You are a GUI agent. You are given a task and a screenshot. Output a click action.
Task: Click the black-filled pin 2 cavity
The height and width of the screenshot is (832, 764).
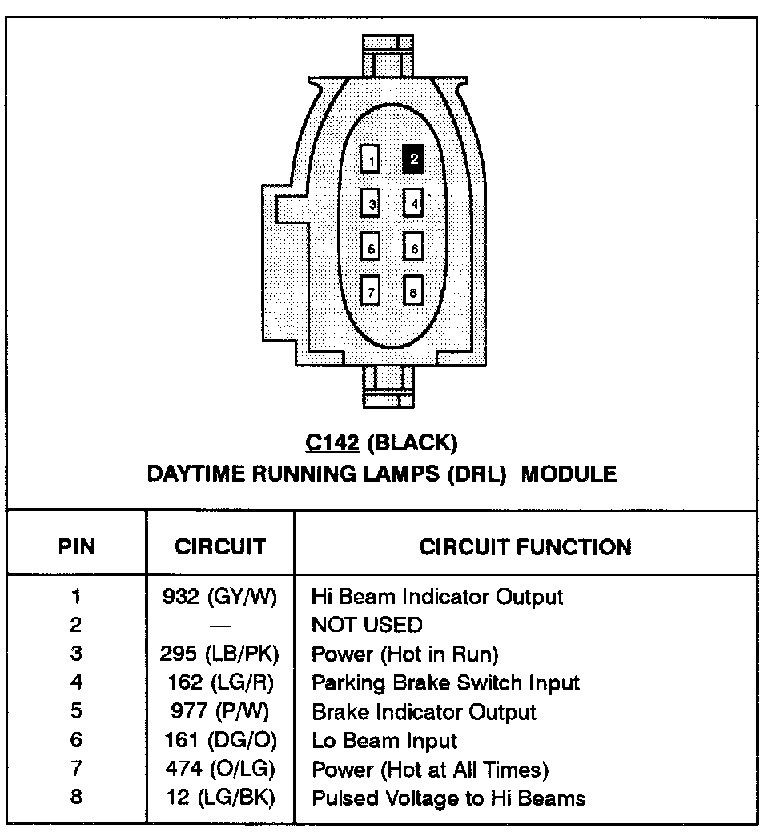tap(413, 159)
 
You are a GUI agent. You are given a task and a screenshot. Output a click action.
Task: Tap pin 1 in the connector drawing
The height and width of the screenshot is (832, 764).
tap(370, 160)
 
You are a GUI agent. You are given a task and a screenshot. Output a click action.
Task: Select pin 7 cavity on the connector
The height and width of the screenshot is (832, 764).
tap(370, 291)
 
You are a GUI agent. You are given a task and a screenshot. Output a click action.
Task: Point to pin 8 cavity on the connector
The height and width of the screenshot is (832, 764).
tap(413, 291)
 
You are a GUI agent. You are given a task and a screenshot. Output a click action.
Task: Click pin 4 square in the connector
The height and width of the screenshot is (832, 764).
tap(413, 203)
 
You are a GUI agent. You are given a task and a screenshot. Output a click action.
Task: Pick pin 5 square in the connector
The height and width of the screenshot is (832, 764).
tap(370, 247)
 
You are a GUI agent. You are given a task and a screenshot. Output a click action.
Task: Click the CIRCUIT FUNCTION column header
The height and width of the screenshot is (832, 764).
tap(525, 547)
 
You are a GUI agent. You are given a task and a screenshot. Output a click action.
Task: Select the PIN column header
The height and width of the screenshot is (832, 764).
tap(77, 547)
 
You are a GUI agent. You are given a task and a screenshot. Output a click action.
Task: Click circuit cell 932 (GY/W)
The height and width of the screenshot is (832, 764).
tap(219, 597)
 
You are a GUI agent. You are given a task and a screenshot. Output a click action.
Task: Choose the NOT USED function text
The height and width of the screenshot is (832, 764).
tap(367, 625)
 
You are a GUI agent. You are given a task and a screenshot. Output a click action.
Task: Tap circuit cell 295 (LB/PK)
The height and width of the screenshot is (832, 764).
tap(219, 654)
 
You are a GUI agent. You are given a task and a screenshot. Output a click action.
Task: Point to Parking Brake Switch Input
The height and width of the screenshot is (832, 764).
tap(445, 683)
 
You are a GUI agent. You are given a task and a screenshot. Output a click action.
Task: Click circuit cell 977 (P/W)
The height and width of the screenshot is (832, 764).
tap(219, 712)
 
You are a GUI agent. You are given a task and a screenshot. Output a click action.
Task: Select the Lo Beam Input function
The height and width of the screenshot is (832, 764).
tap(384, 741)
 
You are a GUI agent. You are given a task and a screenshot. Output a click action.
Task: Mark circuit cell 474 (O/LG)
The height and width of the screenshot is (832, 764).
tap(219, 770)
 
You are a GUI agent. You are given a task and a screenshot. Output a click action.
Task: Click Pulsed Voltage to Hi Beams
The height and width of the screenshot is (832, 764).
tap(448, 798)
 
